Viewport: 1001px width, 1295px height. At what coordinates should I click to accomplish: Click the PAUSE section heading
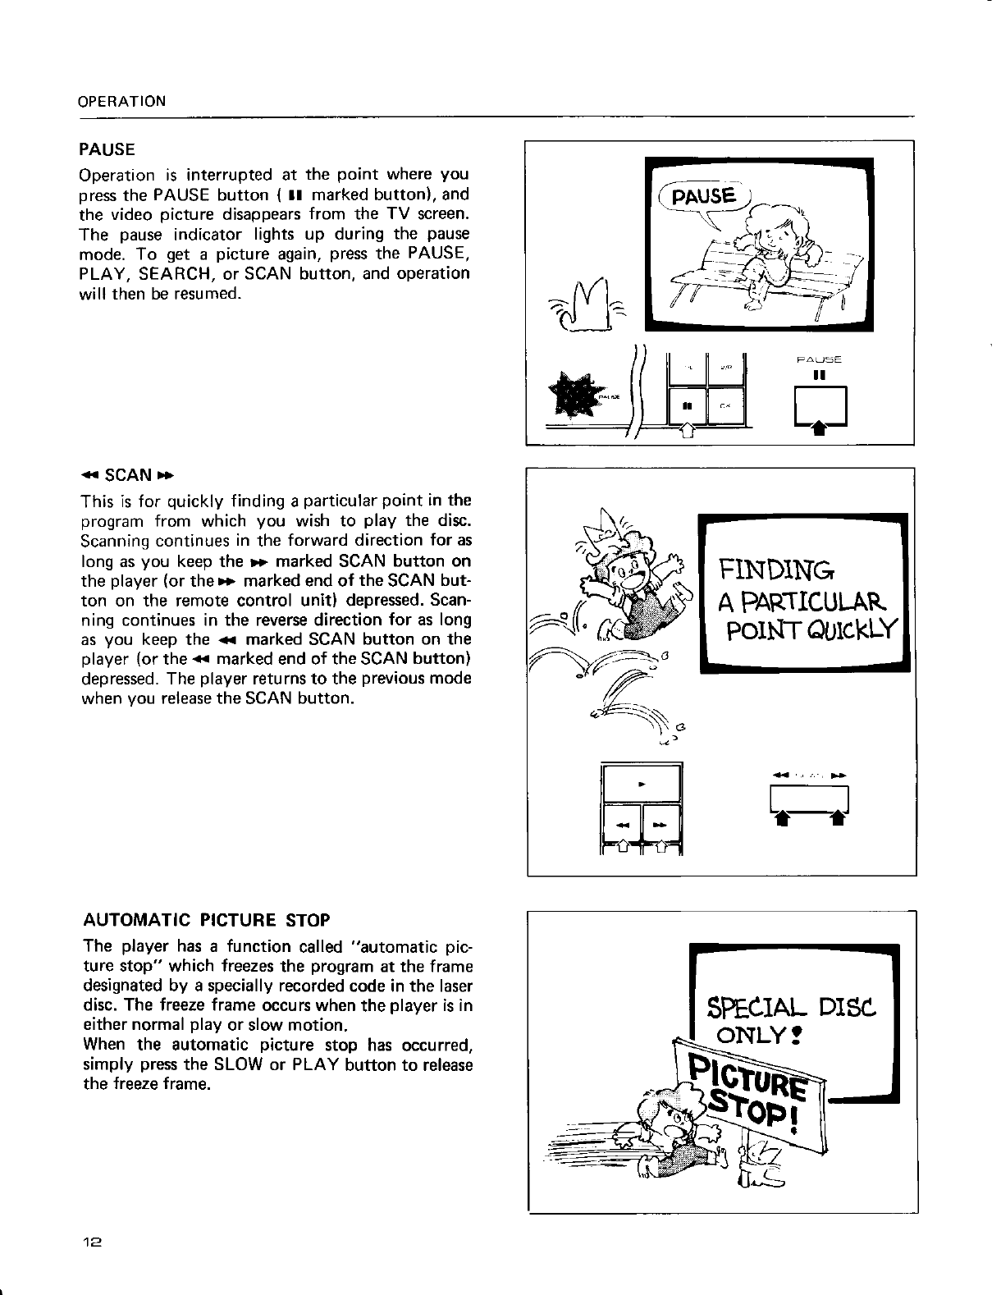point(106,150)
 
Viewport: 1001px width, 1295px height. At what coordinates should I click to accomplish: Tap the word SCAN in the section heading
point(129,475)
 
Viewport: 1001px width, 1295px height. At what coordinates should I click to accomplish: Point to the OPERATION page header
point(121,102)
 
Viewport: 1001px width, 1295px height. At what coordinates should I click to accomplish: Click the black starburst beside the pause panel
point(578,393)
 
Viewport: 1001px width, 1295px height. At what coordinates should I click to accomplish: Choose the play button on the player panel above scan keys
point(642,784)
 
